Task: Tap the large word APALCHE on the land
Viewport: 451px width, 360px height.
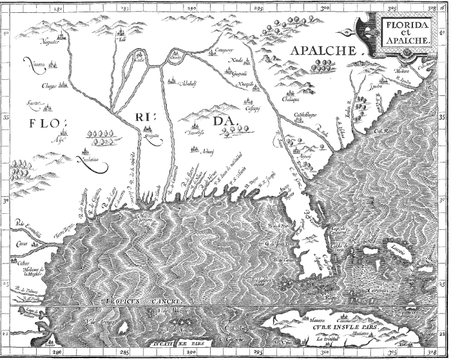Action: click(x=321, y=52)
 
